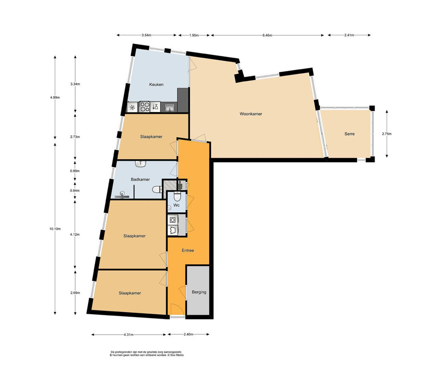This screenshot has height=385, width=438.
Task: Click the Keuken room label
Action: [x=156, y=85]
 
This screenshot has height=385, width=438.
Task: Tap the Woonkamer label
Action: [x=251, y=114]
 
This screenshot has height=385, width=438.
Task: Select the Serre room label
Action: [x=349, y=134]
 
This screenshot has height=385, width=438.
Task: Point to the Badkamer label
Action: [x=140, y=180]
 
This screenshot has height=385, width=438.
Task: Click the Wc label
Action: [x=176, y=205]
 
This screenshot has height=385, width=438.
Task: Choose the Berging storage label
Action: [x=199, y=292]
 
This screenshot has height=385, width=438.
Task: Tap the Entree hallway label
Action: [x=188, y=251]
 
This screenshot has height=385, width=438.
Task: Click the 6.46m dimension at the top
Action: [x=267, y=36]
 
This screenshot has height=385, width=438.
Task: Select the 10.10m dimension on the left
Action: [x=55, y=229]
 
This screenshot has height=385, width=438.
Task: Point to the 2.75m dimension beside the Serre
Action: [x=387, y=134]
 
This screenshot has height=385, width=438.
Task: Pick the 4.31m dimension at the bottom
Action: [x=129, y=334]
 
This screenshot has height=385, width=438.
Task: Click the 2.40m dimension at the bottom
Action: [x=188, y=334]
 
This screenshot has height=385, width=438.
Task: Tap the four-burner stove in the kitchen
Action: [x=145, y=106]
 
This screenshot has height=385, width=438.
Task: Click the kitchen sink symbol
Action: [x=170, y=107]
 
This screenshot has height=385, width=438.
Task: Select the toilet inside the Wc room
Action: [x=177, y=197]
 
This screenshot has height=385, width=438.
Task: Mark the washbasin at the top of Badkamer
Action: [x=140, y=164]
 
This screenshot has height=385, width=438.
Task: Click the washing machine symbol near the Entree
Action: [x=173, y=220]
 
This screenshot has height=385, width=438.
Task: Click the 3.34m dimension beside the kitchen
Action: [x=75, y=84]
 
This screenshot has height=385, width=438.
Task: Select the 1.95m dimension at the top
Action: [x=194, y=36]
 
